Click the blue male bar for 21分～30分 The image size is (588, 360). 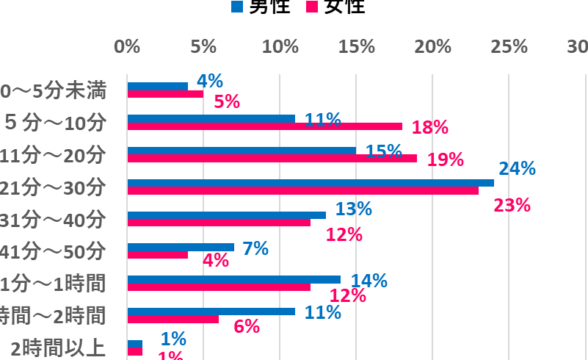pos(311,183)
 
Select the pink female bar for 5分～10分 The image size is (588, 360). pos(265,126)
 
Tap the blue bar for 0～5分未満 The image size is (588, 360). pos(158,86)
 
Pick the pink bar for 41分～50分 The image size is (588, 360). pos(158,255)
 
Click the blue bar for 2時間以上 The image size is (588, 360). pos(135,344)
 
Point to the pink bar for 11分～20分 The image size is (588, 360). pos(272,158)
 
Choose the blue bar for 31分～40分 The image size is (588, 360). pos(227,215)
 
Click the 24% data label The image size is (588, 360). pos(517,169)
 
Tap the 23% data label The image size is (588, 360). pos(512,205)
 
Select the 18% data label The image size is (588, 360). pos(429,127)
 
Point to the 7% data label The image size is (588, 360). pos(255,248)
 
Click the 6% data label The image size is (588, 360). pos(247,327)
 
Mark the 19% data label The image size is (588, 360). pos(445,159)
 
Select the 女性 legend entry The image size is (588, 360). pos(335,7)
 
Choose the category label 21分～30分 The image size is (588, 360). pos(53,187)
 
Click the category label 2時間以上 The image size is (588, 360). pos(62,348)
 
